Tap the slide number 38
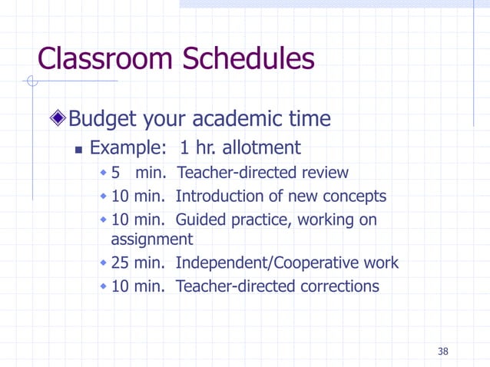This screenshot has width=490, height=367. (x=442, y=352)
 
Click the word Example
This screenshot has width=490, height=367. (x=125, y=147)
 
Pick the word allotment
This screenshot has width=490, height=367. (x=260, y=147)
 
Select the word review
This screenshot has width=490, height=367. (x=326, y=173)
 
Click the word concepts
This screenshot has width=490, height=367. (x=352, y=197)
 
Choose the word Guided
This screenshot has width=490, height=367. (x=201, y=220)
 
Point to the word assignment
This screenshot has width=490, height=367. (x=151, y=239)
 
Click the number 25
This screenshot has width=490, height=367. (x=120, y=263)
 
